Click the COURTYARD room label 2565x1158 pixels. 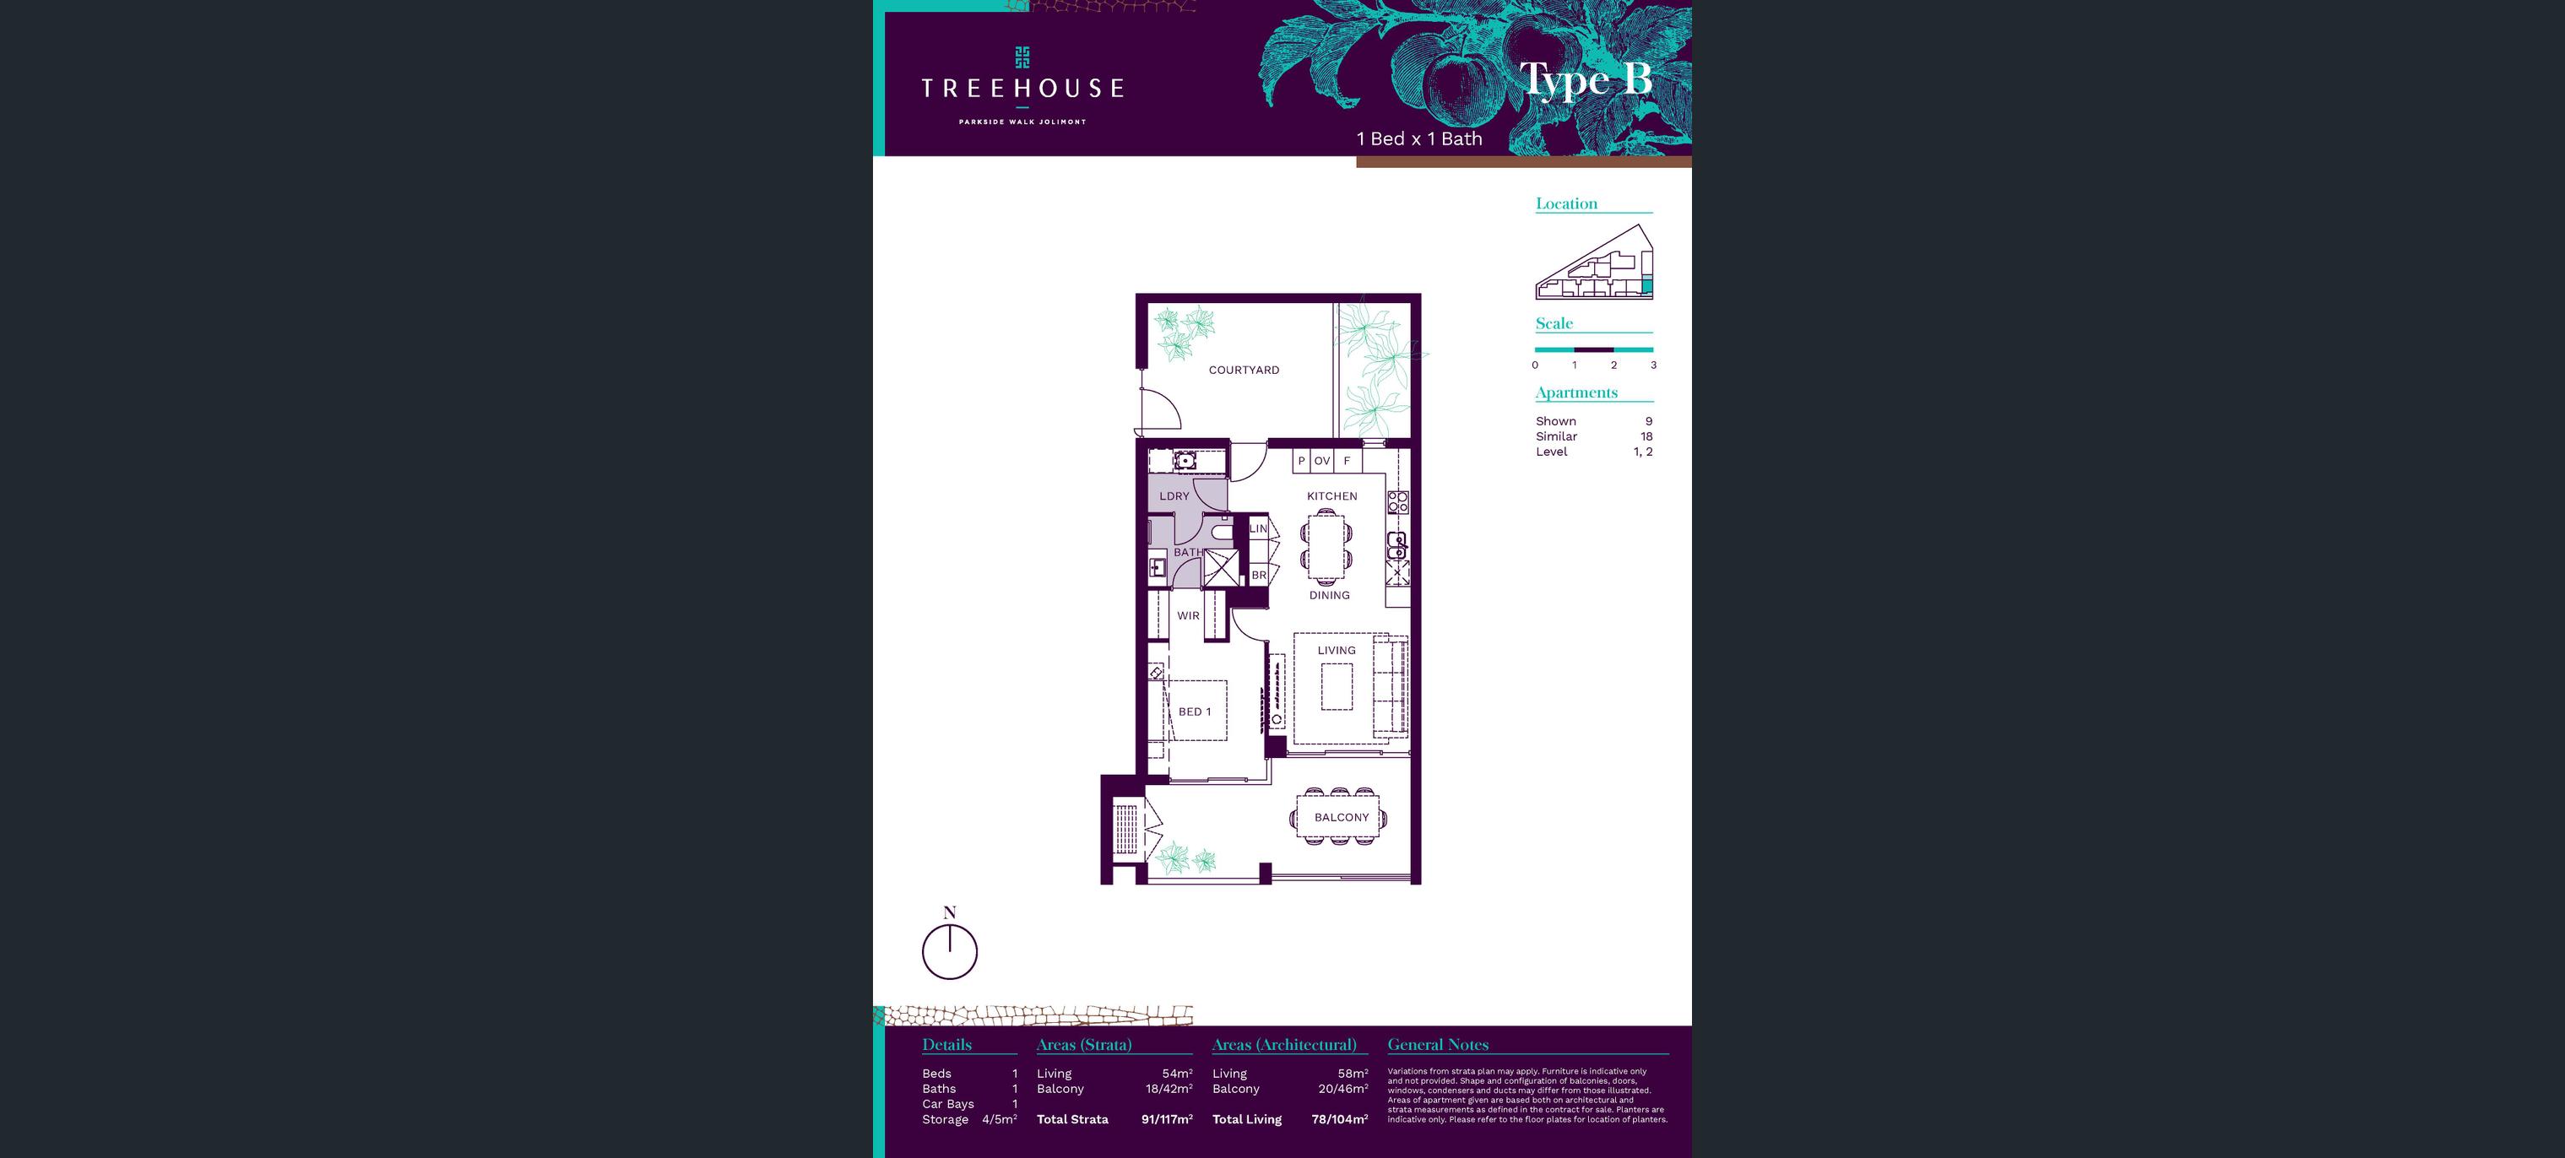coord(1244,370)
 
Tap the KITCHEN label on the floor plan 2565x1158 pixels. coord(1332,495)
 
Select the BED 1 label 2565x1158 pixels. coord(1195,712)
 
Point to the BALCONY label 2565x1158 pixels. coord(1342,818)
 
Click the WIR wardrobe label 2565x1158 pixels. coord(1188,615)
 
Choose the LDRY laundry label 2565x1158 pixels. coord(1174,495)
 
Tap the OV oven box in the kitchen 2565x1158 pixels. coord(1321,461)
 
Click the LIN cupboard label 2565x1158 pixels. coord(1259,528)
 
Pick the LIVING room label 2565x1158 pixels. coord(1337,650)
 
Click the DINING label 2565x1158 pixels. coord(1329,595)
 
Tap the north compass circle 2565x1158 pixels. coord(950,952)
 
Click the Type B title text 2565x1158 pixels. coord(1586,79)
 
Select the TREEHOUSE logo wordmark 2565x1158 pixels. coord(1022,89)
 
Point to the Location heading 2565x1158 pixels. coord(1566,203)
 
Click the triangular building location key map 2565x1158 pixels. coord(1594,262)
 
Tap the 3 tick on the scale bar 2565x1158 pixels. coord(1653,365)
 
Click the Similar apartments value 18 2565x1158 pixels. coord(1646,436)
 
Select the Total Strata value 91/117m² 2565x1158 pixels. coord(1167,1119)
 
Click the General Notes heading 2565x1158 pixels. coord(1438,1045)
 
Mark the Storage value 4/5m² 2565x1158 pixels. coord(1000,1119)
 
